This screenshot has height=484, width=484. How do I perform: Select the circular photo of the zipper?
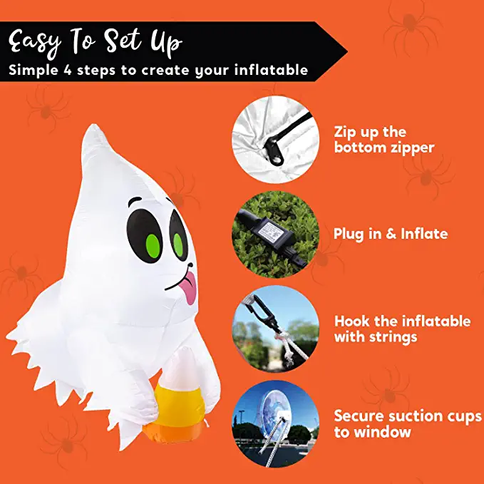[x=274, y=139]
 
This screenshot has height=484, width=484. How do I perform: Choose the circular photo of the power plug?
[x=274, y=234]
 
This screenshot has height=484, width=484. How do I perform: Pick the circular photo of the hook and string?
[x=274, y=328]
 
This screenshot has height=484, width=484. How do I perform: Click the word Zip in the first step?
[x=346, y=133]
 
